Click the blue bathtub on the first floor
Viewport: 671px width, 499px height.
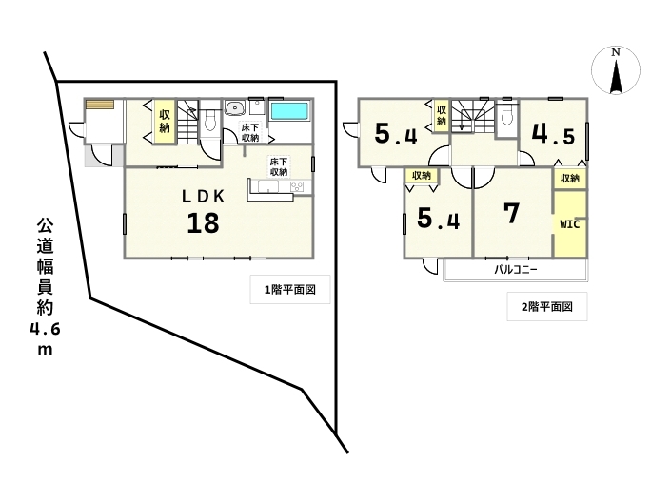coord(289,111)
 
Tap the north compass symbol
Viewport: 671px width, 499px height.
coord(616,70)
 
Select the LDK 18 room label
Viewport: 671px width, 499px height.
coord(204,212)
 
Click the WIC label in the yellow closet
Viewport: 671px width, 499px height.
coord(570,224)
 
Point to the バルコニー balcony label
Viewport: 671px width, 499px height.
coord(516,270)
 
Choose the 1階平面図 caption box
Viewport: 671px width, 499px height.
coord(290,290)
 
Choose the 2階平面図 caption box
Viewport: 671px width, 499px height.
coord(547,307)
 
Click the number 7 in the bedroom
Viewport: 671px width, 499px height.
coord(512,213)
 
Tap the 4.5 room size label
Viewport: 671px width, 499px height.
coord(553,134)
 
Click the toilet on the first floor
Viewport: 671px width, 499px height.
coord(209,120)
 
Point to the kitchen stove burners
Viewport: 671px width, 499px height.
coord(297,186)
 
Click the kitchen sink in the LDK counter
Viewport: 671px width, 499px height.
coord(267,186)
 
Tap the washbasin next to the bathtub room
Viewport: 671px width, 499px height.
coord(234,108)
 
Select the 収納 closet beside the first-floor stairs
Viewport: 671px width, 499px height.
coord(165,122)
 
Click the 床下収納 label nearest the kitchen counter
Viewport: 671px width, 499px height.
coord(279,166)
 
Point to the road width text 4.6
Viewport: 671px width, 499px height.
coord(45,329)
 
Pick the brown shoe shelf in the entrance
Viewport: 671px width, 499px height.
coord(99,105)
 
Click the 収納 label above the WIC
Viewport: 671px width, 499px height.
coord(569,178)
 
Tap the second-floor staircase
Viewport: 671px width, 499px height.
coord(472,115)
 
